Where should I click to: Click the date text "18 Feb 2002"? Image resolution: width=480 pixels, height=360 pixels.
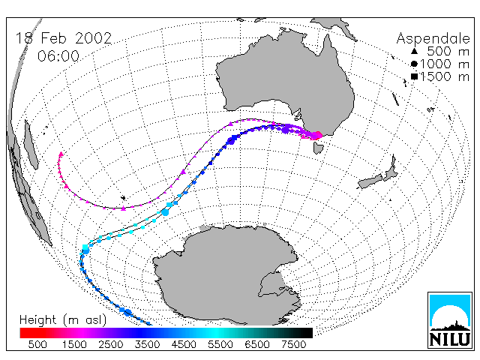(x=64, y=38)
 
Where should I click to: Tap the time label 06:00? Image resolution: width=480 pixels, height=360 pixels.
(x=58, y=56)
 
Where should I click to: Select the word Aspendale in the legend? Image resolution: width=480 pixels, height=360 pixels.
(x=433, y=39)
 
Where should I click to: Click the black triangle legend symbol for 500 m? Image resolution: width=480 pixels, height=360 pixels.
(x=414, y=51)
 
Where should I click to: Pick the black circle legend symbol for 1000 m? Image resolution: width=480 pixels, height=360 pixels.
(x=414, y=64)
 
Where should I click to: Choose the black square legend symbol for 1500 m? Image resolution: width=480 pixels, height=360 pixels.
(x=414, y=76)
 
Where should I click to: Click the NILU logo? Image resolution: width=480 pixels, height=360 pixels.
(x=450, y=320)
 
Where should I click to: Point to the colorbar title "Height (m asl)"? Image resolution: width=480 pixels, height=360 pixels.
(x=63, y=320)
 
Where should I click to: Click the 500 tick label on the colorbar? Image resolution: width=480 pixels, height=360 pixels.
(x=37, y=345)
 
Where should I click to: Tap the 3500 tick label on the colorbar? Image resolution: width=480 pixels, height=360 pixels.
(x=147, y=345)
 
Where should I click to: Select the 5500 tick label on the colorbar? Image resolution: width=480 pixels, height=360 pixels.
(x=220, y=345)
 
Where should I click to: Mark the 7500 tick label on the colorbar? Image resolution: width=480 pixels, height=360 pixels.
(x=293, y=345)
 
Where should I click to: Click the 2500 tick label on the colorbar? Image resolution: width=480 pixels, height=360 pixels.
(x=110, y=345)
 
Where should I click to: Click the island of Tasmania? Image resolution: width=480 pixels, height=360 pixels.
(x=318, y=148)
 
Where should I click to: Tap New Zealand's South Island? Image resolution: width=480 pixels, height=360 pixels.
(x=370, y=181)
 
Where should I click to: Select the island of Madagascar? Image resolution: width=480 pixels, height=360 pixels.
(x=31, y=145)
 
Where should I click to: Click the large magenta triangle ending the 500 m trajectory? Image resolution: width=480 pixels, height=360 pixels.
(x=61, y=154)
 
